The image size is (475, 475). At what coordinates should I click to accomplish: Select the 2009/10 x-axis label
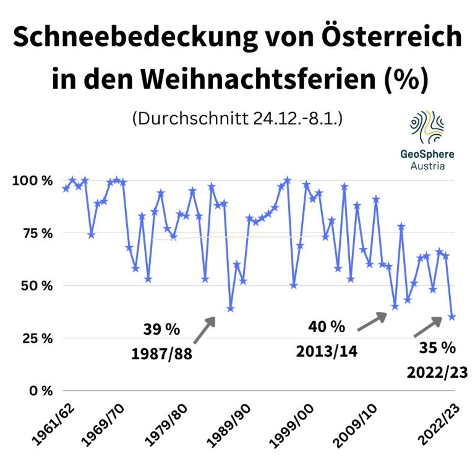click(x=355, y=427)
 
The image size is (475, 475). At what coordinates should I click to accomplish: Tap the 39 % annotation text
click(x=161, y=329)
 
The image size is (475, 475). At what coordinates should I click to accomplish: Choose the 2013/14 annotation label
click(x=325, y=351)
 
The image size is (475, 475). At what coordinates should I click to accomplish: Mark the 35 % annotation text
click(x=437, y=348)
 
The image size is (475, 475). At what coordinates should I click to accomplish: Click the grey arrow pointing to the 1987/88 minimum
click(x=204, y=330)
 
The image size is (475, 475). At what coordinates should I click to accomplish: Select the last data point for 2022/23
click(x=452, y=317)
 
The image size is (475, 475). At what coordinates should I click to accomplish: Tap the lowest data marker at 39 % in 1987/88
click(x=231, y=308)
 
